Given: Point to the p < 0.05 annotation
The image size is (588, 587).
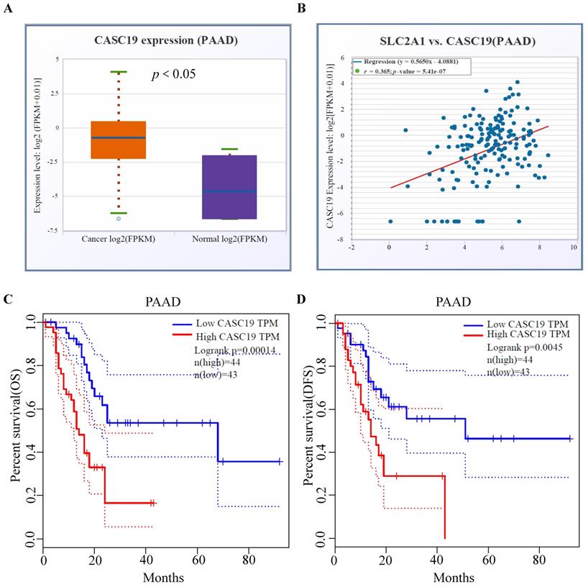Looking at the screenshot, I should (173, 73).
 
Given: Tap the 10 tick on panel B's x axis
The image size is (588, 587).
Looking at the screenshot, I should (573, 247).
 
